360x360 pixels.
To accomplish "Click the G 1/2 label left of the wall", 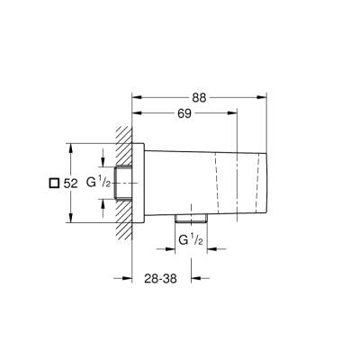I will pyautogui.click(x=97, y=183).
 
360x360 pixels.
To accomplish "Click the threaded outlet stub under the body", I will pyautogui.click(x=190, y=219).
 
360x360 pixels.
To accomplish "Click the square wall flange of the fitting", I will pyautogui.click(x=137, y=183).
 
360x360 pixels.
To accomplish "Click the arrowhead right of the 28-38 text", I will pyautogui.click(x=203, y=278).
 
